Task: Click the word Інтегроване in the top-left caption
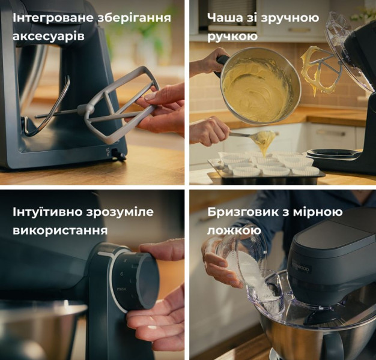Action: click(53, 18)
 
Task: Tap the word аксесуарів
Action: click(49, 37)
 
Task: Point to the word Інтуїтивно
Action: click(47, 212)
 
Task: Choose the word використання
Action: click(60, 230)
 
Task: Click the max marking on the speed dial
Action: click(121, 289)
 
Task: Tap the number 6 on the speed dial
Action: click(122, 274)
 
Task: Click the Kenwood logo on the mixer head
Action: click(301, 265)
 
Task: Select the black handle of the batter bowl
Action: click(220, 63)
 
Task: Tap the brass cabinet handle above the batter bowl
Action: click(299, 30)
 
